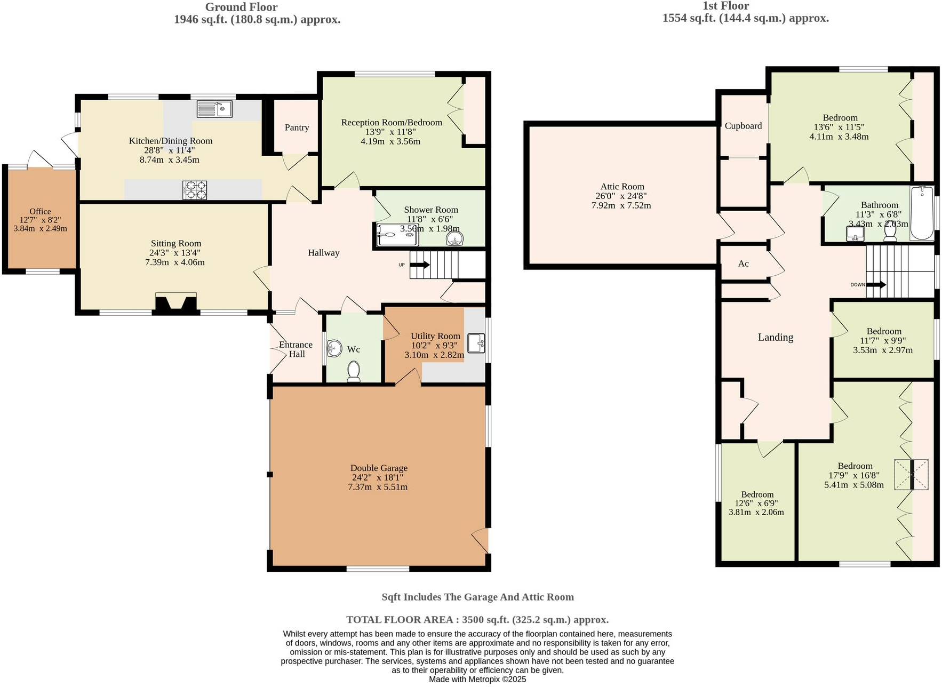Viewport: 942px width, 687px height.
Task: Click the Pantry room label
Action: tap(297, 127)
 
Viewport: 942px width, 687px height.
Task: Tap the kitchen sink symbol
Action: tap(214, 109)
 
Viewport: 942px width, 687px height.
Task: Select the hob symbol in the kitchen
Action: tap(195, 190)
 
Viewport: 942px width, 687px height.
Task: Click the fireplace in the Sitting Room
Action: tap(176, 303)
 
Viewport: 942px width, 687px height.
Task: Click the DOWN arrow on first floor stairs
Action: tap(876, 285)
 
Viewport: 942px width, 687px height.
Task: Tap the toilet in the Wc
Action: tap(354, 371)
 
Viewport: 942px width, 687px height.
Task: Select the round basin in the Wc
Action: tap(334, 348)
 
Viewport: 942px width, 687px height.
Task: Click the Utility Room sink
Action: tap(476, 342)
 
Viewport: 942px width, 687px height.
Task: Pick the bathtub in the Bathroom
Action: tap(922, 213)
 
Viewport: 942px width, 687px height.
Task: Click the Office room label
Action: tap(40, 212)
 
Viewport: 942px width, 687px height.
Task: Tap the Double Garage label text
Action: tap(379, 468)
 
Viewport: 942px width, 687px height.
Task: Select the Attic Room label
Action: tap(622, 187)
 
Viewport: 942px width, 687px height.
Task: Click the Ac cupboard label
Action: tap(743, 263)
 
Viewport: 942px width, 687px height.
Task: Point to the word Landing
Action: tap(775, 337)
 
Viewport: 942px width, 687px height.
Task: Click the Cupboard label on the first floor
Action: tap(743, 126)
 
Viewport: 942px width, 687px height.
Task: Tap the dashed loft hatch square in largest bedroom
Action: tap(911, 474)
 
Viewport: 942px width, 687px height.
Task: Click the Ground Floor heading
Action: tap(241, 7)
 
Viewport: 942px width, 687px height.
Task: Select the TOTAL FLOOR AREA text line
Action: tap(477, 620)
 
